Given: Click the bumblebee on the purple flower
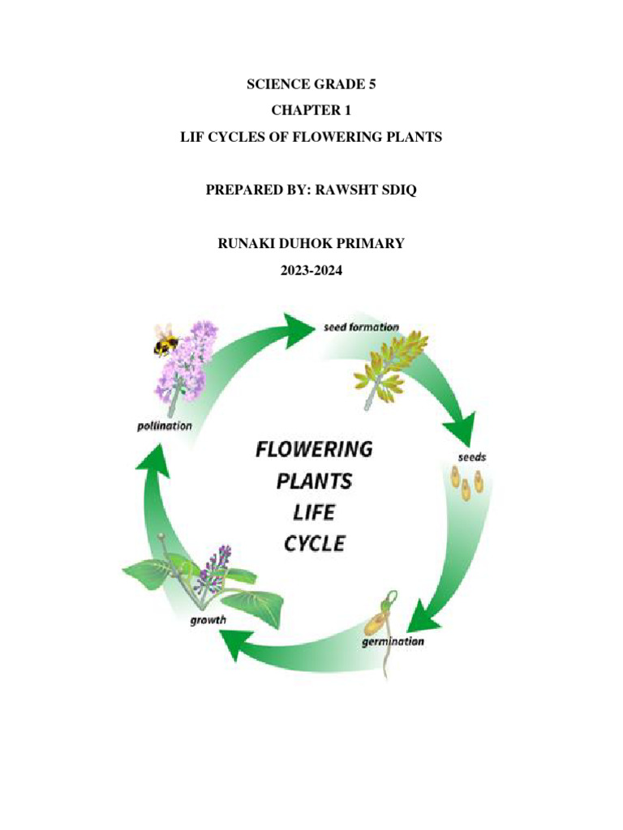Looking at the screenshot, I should click(x=166, y=342).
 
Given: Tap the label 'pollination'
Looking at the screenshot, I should click(x=164, y=425).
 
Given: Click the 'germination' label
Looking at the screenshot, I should click(x=392, y=641).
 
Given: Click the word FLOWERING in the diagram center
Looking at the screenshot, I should click(x=315, y=448).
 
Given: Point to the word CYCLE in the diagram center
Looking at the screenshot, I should click(x=314, y=542).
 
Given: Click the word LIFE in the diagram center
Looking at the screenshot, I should click(x=314, y=511).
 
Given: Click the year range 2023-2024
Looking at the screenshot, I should click(x=311, y=272).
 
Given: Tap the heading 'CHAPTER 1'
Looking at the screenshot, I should click(x=311, y=109).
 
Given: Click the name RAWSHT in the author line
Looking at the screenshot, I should click(x=338, y=190).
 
